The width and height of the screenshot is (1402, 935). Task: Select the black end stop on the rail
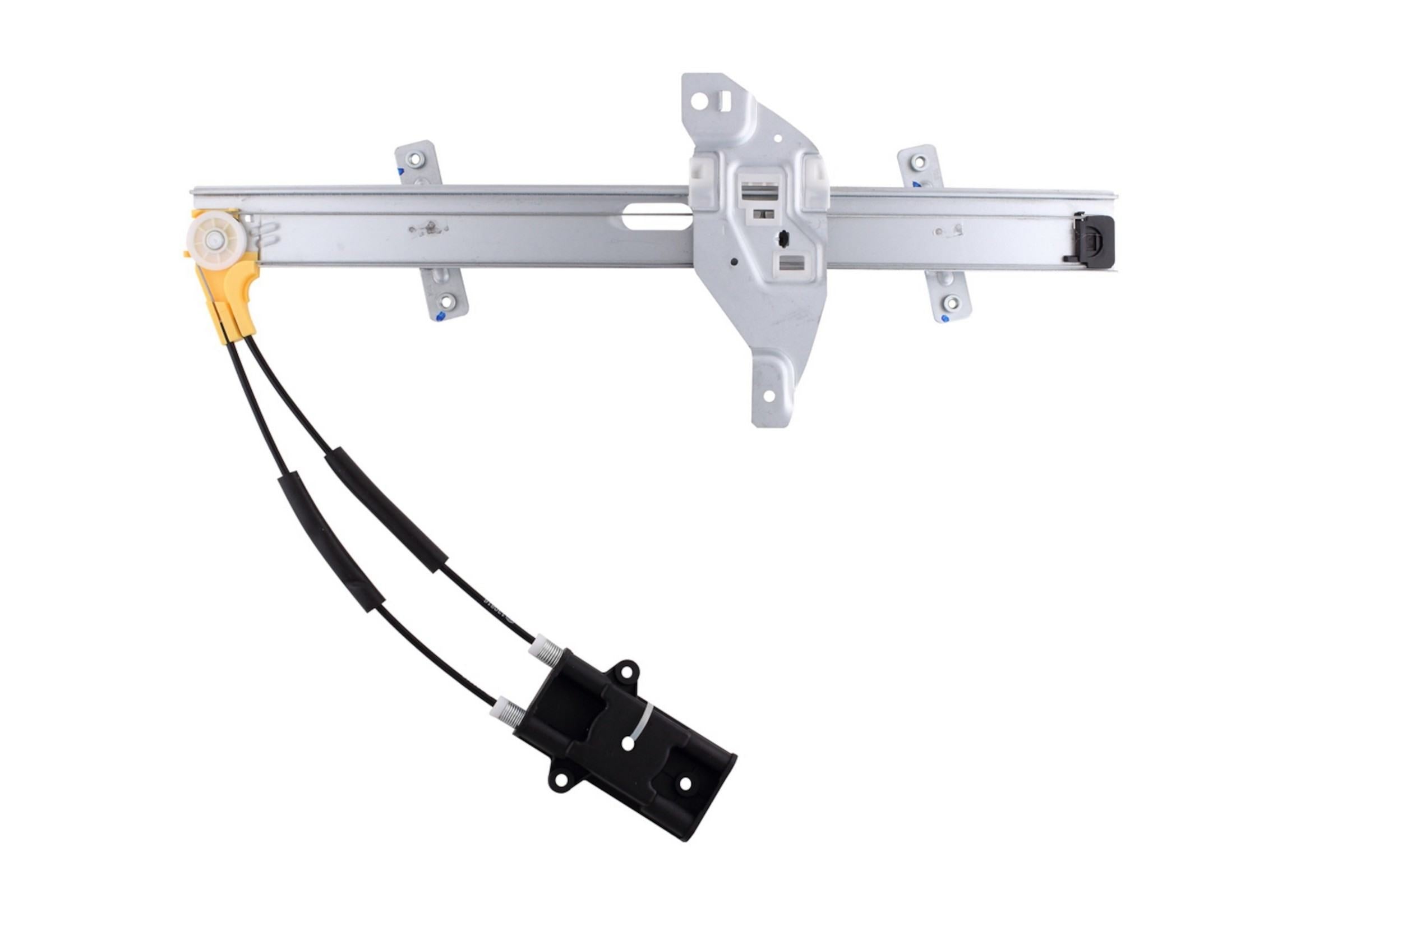[x=1096, y=241]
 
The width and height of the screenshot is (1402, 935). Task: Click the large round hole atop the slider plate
[x=700, y=101]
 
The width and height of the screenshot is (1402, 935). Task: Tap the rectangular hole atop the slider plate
[x=726, y=100]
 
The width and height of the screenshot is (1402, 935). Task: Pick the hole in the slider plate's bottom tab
[x=768, y=395]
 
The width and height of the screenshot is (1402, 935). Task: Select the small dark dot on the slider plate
[x=735, y=261]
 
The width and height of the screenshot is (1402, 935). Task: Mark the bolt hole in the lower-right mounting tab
[x=951, y=303]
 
